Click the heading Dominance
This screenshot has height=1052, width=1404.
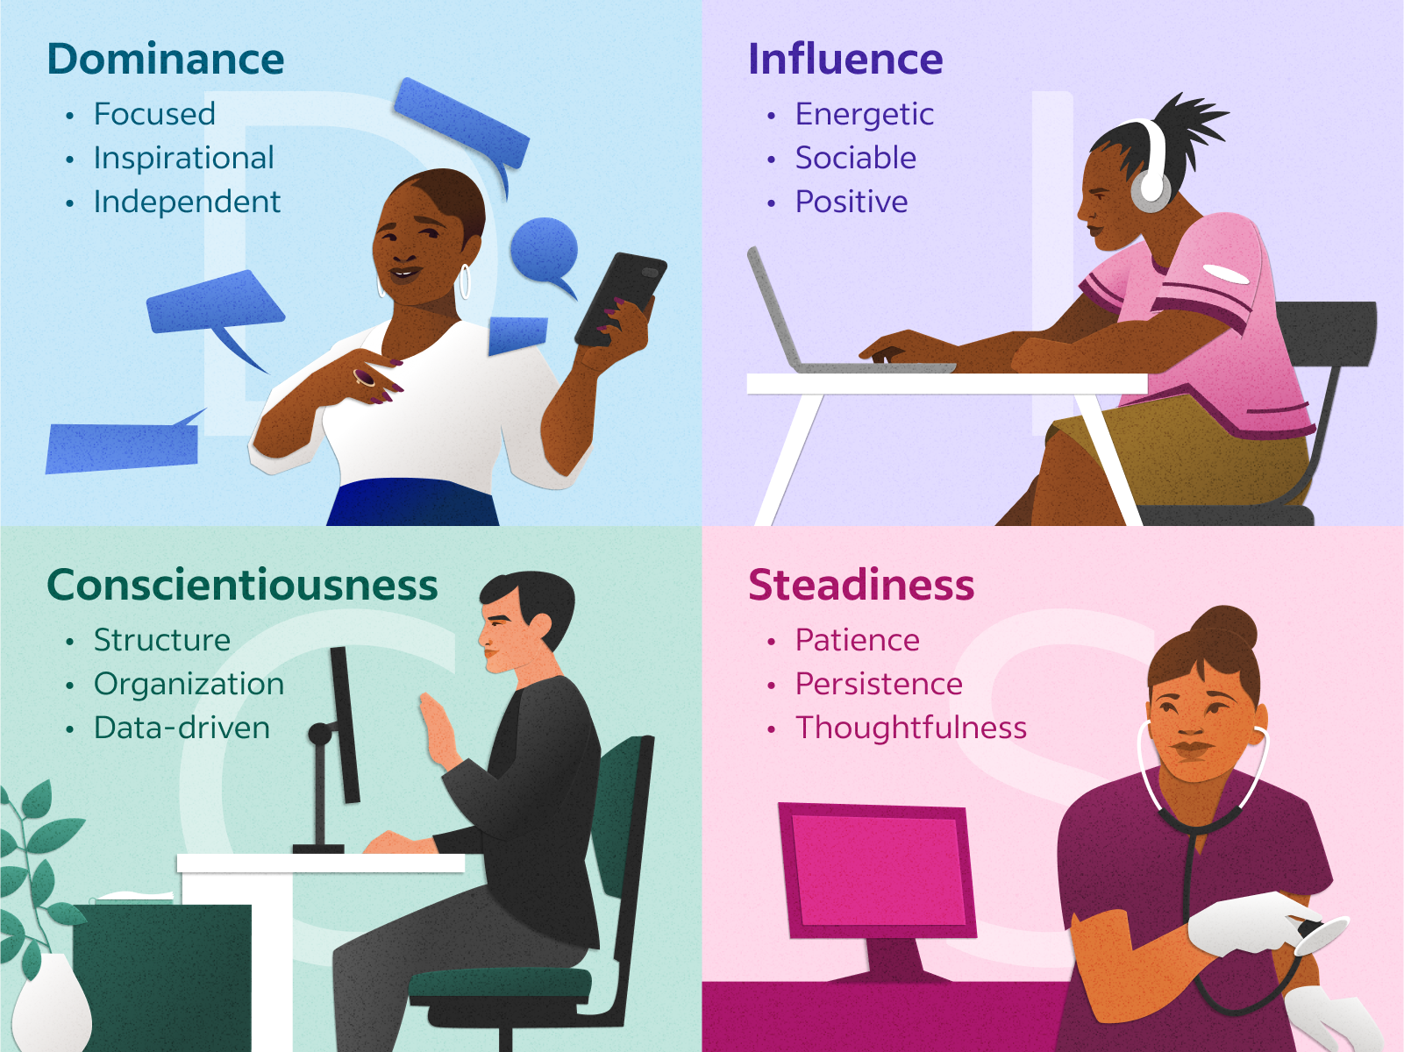[166, 60]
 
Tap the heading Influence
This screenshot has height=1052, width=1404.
[845, 60]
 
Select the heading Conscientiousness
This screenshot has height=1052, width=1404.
[242, 586]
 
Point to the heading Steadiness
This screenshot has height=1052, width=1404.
[861, 586]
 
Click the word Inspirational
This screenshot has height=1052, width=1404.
[184, 159]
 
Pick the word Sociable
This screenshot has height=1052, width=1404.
[855, 159]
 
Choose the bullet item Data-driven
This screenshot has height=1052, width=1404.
[182, 729]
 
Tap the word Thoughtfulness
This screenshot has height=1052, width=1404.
[910, 729]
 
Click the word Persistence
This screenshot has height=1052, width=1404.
[879, 685]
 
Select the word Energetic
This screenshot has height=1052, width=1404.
[864, 115]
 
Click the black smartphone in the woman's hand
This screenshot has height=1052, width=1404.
[620, 298]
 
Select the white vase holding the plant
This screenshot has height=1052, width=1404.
[51, 1004]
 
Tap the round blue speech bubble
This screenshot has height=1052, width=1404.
[545, 250]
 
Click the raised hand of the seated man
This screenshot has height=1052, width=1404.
[436, 728]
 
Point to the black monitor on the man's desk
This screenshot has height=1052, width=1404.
[345, 723]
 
